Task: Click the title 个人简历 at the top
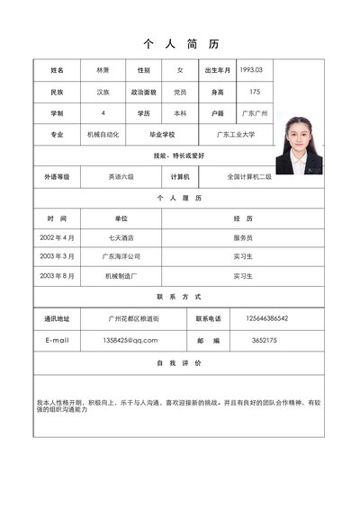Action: click(180, 44)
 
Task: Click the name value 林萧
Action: click(101, 69)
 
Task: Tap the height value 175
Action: click(254, 92)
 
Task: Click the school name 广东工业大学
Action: click(236, 135)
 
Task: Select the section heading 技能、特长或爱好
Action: click(179, 156)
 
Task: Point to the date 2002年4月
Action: click(57, 237)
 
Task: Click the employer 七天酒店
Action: click(121, 237)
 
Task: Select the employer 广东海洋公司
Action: click(121, 256)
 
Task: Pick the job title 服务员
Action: click(243, 237)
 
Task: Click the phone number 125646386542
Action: click(266, 318)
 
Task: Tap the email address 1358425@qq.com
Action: click(130, 341)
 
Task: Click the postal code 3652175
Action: click(265, 341)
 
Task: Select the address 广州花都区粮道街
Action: click(132, 318)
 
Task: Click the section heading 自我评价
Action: click(179, 362)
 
